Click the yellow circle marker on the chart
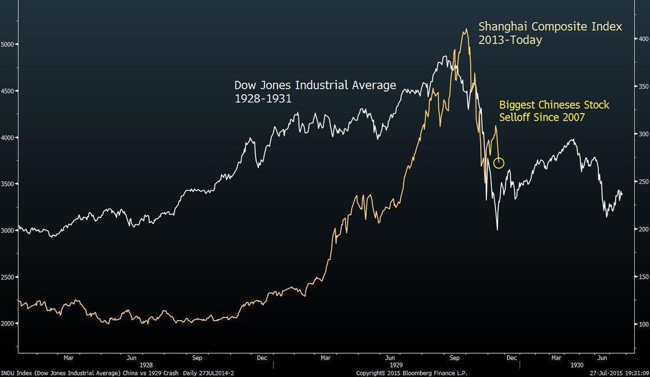click(x=499, y=162)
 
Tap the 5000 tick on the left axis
click(x=9, y=44)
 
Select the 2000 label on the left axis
click(x=9, y=323)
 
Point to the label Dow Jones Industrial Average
click(x=315, y=85)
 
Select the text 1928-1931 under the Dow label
click(x=257, y=99)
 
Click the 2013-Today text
click(x=509, y=41)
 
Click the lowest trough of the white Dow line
click(x=497, y=230)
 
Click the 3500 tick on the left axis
click(x=9, y=184)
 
